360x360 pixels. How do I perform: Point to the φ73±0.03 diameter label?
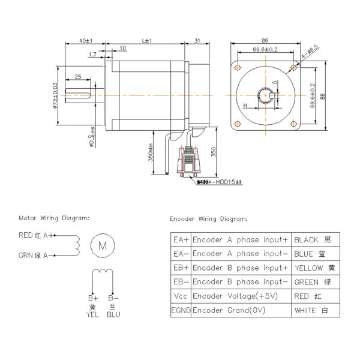55,96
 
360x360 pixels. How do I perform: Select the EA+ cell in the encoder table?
181,239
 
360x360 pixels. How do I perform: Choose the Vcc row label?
181,296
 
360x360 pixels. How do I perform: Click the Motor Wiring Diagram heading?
54,218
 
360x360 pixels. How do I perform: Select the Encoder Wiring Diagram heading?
208,219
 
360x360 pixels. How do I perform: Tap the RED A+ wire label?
37,236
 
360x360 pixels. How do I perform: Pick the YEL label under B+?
92,313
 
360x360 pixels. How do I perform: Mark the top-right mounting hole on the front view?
292,66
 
